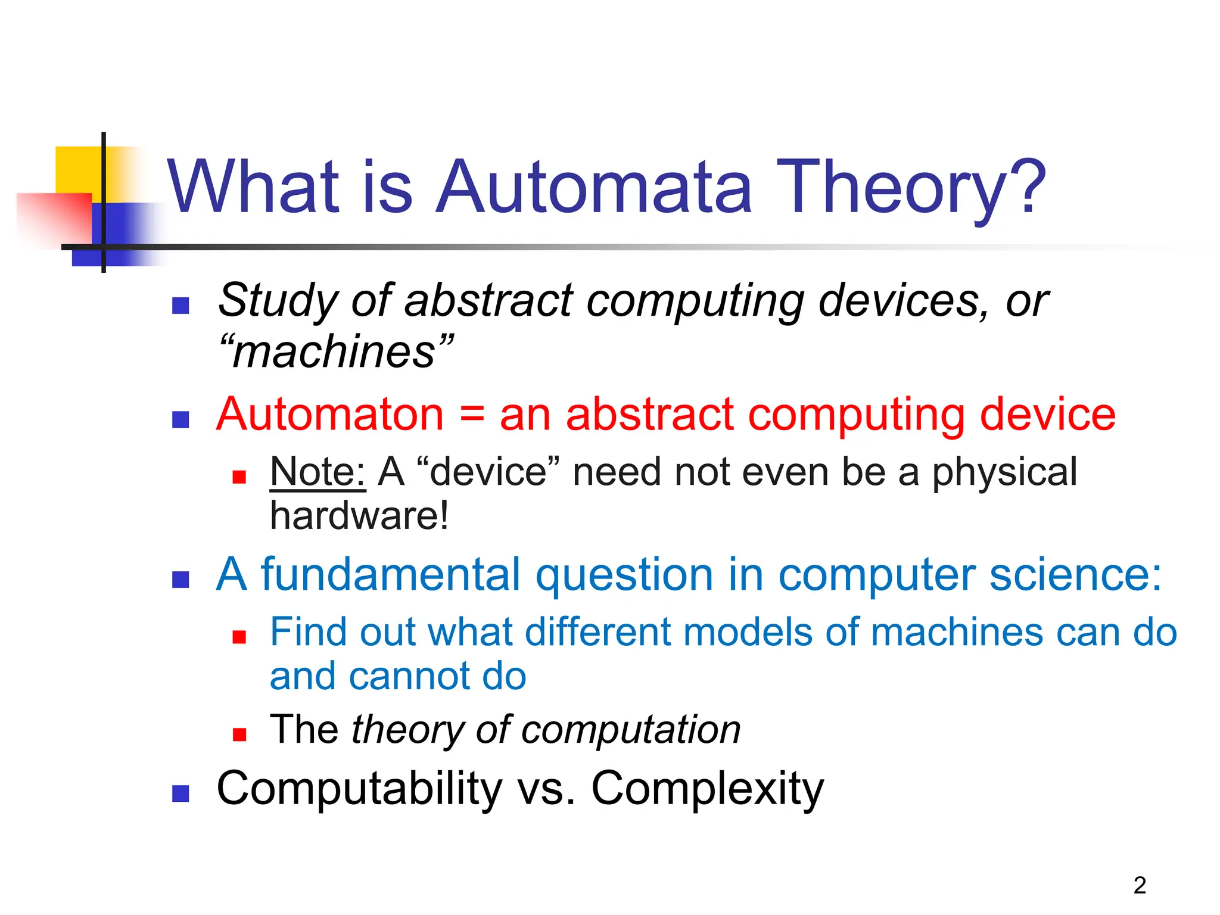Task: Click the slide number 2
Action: (x=1140, y=885)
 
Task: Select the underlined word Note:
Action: (x=318, y=472)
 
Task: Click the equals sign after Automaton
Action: (x=472, y=415)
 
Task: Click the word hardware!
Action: (x=359, y=516)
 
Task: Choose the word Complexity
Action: (x=707, y=789)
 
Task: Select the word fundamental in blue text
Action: (x=391, y=574)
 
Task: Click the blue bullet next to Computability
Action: (x=180, y=793)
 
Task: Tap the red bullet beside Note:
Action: (x=239, y=477)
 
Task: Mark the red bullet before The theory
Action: (x=239, y=735)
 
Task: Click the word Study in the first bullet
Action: (x=278, y=301)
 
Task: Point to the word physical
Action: (x=1004, y=472)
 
